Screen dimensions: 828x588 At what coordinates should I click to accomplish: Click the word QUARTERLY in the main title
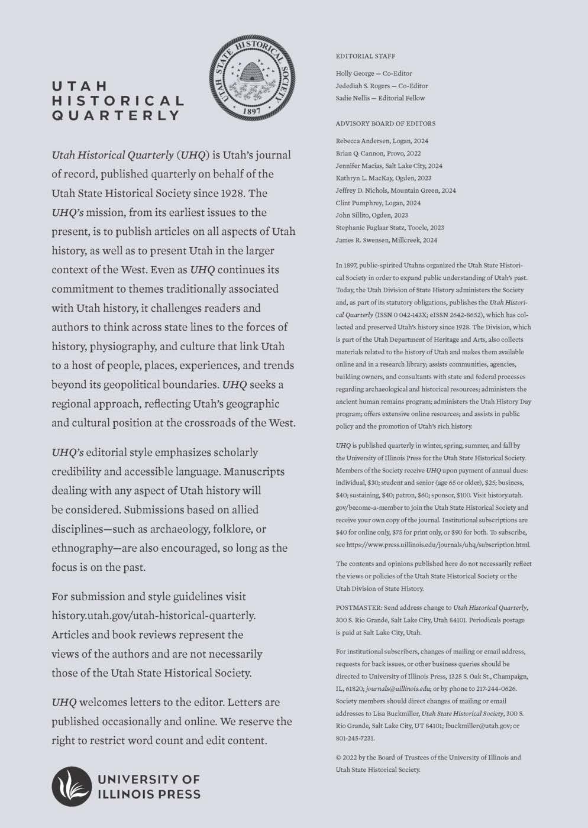click(x=115, y=115)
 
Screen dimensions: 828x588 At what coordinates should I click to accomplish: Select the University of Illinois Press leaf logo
click(x=70, y=787)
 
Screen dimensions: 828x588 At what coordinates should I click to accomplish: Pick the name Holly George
click(x=354, y=73)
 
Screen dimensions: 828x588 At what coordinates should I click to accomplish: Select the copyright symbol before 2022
click(x=338, y=758)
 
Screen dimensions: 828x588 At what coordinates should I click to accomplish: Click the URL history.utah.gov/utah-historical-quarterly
click(x=154, y=616)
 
